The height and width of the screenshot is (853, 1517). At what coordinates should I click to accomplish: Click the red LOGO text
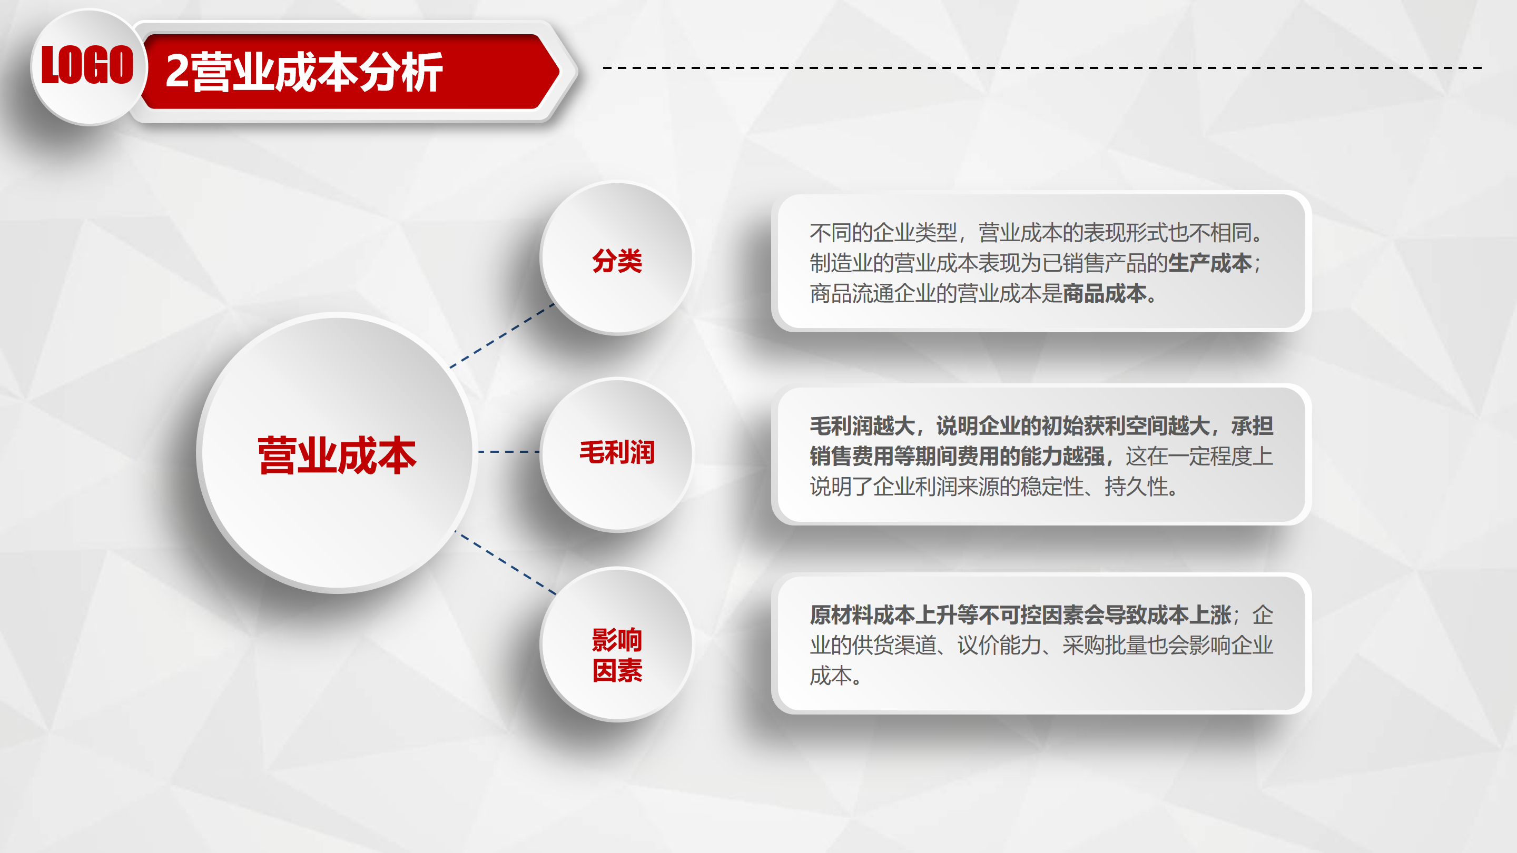click(x=87, y=65)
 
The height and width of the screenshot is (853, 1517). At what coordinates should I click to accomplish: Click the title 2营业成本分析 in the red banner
click(x=304, y=72)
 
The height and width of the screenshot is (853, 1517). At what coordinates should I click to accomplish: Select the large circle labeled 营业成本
click(x=338, y=453)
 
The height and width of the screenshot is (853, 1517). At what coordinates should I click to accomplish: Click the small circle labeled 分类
click(x=617, y=259)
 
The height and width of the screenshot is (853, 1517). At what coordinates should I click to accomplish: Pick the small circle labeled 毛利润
click(x=617, y=454)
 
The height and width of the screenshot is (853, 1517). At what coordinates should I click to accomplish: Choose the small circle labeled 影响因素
click(x=617, y=644)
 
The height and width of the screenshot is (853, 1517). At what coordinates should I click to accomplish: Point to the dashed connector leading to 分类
click(x=503, y=335)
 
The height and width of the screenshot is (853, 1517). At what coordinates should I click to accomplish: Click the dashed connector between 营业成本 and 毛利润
click(x=509, y=452)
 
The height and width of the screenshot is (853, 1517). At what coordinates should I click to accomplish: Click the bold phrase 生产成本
click(x=1209, y=263)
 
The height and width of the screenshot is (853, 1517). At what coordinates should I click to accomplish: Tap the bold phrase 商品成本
click(x=1105, y=293)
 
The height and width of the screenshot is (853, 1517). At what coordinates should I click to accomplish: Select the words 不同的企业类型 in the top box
click(x=883, y=233)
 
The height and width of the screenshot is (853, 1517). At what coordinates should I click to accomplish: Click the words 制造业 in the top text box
click(x=842, y=263)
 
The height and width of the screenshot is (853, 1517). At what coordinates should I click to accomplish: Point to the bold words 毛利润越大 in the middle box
click(x=862, y=425)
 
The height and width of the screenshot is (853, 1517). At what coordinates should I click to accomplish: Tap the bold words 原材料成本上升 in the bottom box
click(x=883, y=615)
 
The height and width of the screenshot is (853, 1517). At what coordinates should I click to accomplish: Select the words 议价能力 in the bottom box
click(x=999, y=645)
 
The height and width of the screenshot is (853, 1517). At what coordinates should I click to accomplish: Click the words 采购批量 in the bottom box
click(x=1105, y=645)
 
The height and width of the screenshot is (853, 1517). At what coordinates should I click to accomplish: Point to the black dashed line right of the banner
click(x=1042, y=68)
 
